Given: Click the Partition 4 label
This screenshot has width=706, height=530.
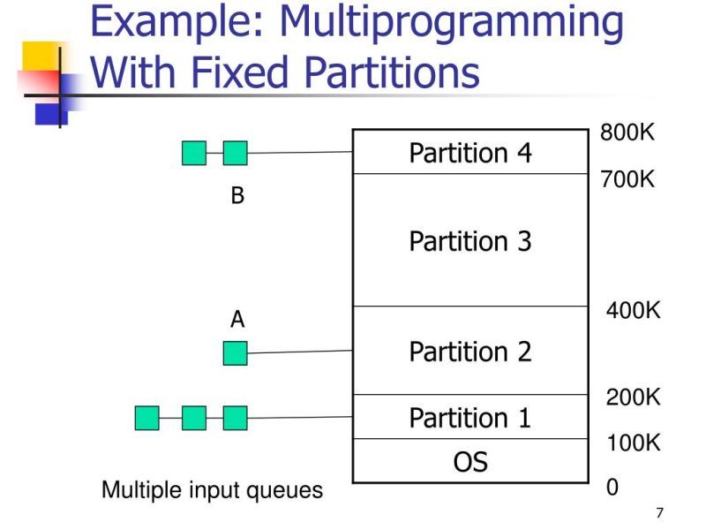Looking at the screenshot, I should (x=470, y=153).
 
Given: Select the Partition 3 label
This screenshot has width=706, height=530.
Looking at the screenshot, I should (x=470, y=241).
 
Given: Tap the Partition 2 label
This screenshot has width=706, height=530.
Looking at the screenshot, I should (x=470, y=352).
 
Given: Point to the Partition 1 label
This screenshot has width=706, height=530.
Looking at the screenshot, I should (x=470, y=417).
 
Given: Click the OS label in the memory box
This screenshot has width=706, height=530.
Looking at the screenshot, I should (x=470, y=461).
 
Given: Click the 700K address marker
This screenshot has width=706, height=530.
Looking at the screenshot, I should (x=627, y=180).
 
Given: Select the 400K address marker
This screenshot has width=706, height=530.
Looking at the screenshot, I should (x=633, y=311).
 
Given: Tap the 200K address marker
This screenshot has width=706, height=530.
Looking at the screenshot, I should (x=633, y=397).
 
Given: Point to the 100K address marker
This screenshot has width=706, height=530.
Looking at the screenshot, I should (x=633, y=443).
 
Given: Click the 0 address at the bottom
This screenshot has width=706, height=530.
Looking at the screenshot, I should (x=612, y=488).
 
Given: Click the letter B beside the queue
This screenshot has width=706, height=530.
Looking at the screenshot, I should (x=237, y=196).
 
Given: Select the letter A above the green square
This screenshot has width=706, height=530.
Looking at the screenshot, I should (x=237, y=320).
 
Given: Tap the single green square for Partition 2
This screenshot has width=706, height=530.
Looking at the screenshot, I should (x=235, y=353).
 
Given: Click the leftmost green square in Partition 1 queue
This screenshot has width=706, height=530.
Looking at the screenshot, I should (x=147, y=418).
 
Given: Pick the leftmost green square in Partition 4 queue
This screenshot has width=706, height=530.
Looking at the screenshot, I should (x=194, y=154).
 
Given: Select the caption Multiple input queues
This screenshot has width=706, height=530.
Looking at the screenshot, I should (x=213, y=489).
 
